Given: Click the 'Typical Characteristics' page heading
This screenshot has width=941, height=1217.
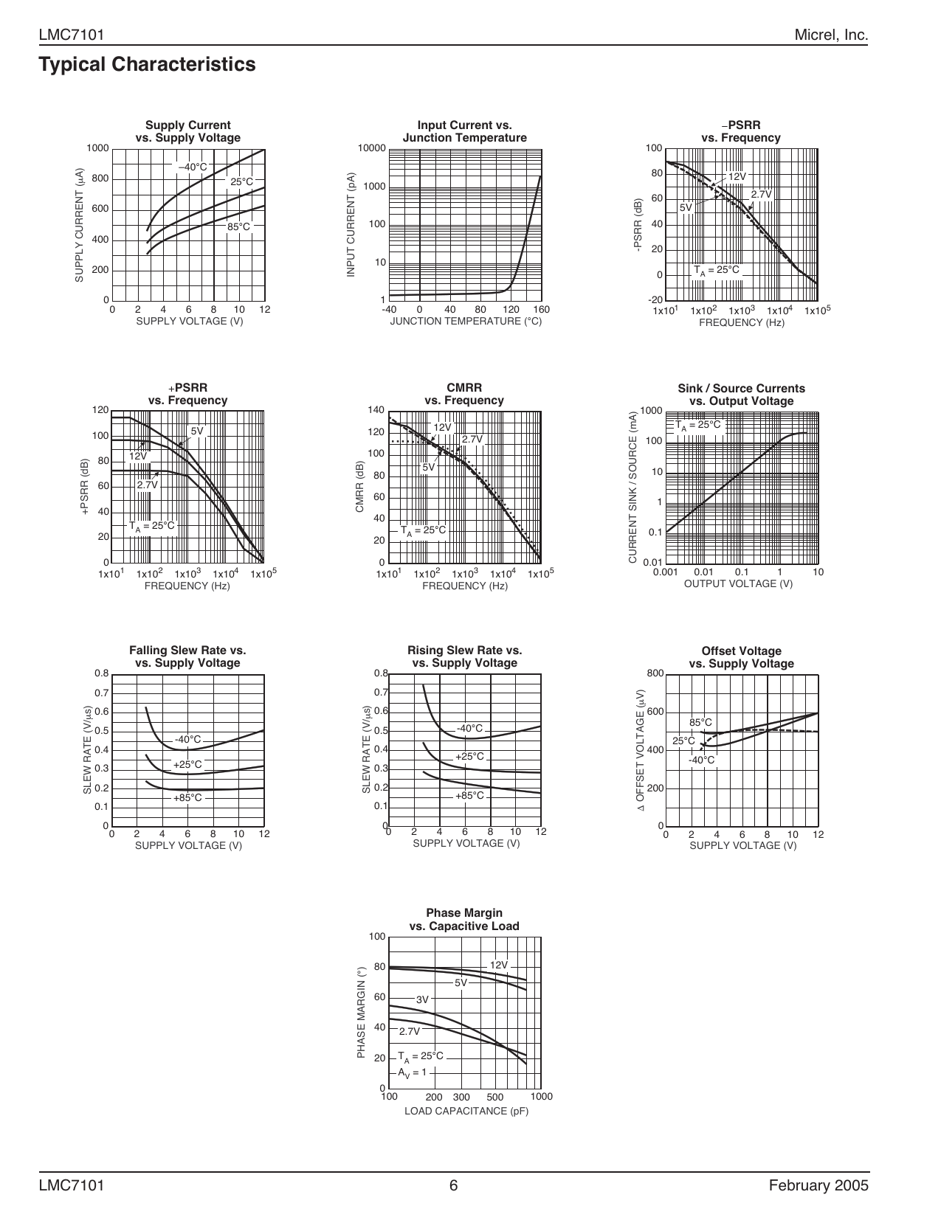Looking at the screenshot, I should coord(148,65).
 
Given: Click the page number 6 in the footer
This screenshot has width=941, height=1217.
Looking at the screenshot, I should coord(454,1185).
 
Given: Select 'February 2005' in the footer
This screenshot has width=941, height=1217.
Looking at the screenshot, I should coord(818,1185).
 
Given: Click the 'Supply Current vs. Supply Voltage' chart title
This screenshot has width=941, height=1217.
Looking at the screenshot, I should coord(187,131).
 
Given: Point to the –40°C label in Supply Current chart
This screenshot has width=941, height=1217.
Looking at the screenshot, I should coord(193,167).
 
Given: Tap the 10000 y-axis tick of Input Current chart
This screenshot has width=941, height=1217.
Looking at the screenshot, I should coord(372,148).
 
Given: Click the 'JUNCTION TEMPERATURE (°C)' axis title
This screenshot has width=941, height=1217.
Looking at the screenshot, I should coord(466,321).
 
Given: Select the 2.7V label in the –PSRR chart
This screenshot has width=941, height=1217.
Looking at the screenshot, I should coord(761,194).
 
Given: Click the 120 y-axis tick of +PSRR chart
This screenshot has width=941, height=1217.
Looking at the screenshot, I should coord(100,410).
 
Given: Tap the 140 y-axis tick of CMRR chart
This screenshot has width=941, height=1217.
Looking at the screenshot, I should coord(376,410).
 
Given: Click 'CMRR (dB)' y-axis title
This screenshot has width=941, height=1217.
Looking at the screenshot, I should coord(359,487).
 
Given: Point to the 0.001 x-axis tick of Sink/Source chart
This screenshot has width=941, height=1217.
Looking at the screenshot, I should coord(665,572).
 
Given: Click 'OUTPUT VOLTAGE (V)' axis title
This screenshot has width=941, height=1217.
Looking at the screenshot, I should coord(738,583).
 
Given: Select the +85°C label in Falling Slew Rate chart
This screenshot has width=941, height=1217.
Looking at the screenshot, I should coord(187,797).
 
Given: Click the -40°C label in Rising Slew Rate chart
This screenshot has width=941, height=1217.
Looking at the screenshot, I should coord(469,729).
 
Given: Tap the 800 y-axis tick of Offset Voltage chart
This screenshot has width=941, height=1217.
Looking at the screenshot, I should coord(655,673).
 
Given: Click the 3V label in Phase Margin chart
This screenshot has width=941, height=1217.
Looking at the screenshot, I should coord(422,999).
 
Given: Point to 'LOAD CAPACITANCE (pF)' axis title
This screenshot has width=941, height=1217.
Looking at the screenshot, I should coord(466,1111).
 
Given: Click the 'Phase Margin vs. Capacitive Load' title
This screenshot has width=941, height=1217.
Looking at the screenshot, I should coord(464,920).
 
